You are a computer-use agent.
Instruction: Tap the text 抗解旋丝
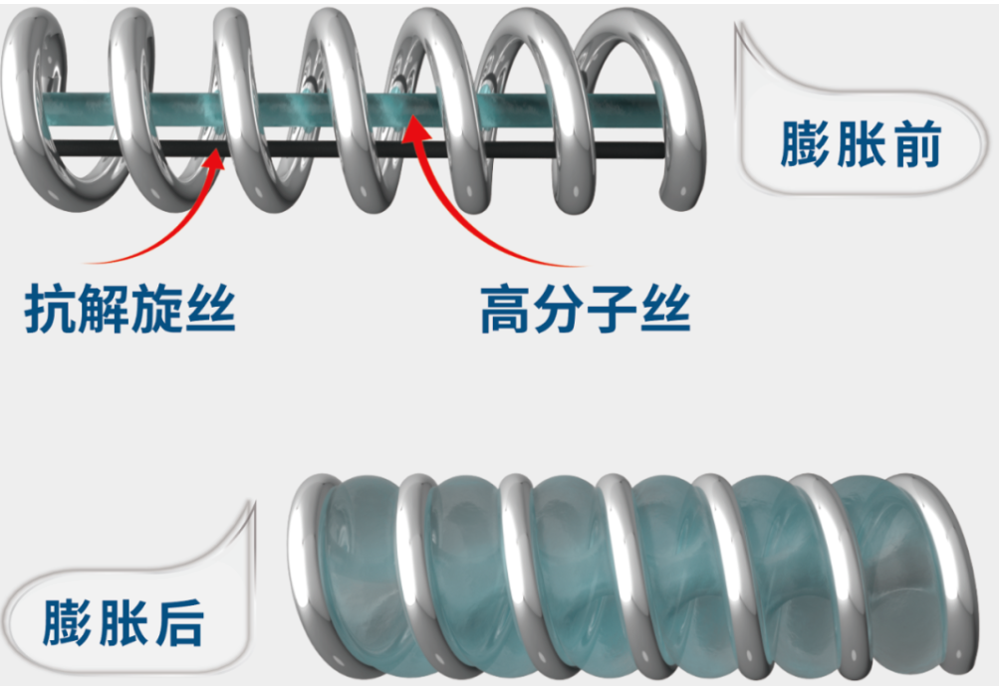pos(129,310)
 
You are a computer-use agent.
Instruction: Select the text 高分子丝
pos(585,310)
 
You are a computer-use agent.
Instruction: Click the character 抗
pos(50,310)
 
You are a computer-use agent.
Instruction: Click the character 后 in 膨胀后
pos(178,622)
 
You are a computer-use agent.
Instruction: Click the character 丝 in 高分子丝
pos(664,310)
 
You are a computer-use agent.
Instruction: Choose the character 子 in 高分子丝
pos(612,310)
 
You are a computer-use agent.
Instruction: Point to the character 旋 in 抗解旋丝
pos(156,310)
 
